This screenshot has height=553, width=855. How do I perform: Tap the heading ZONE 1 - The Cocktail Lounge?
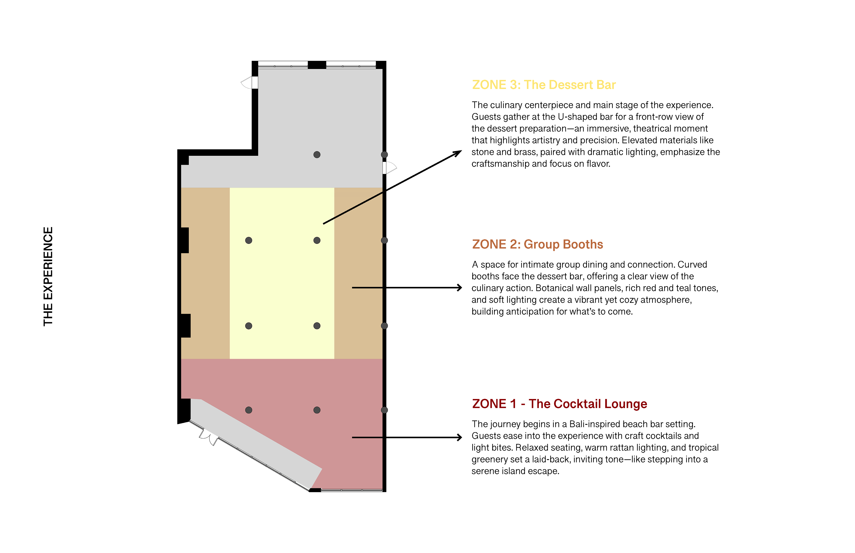click(559, 404)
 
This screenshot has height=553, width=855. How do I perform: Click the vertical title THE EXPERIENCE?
click(48, 276)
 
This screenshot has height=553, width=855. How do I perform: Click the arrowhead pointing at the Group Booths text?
click(460, 288)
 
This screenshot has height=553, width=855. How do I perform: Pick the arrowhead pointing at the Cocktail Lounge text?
click(460, 437)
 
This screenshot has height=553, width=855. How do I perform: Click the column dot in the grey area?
click(317, 155)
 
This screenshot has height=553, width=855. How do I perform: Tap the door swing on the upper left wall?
click(247, 83)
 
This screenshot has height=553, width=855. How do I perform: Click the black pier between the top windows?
click(317, 65)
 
